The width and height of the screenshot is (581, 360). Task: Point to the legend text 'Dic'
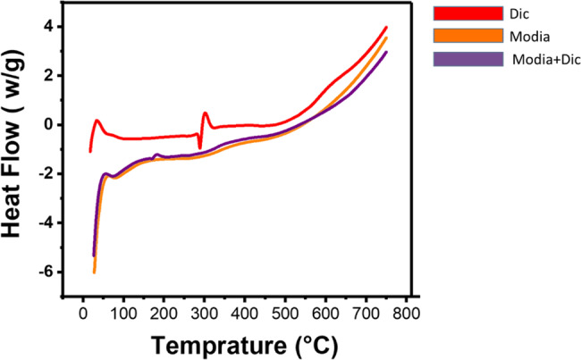(x=518, y=13)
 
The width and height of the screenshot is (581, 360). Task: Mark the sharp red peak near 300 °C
(x=206, y=113)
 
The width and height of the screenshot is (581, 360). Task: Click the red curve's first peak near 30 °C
(x=96, y=120)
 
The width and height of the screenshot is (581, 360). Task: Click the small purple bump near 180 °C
(x=156, y=155)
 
